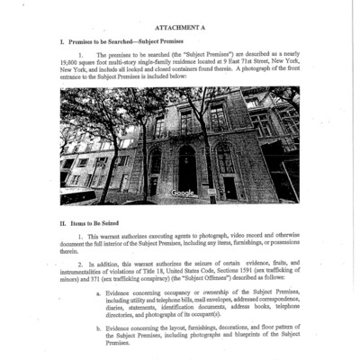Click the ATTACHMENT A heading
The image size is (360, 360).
[x=180, y=28]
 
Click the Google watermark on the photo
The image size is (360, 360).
[x=183, y=193]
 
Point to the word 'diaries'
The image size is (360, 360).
[x=115, y=307]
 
